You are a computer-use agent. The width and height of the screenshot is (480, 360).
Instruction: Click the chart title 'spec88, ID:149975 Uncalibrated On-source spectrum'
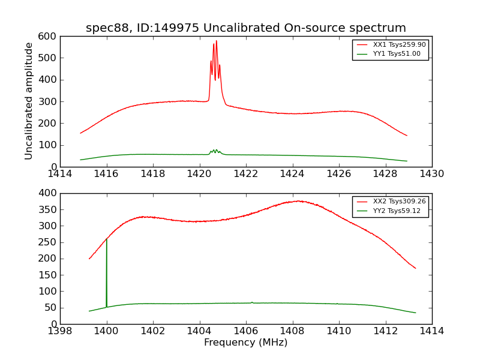pos(246,28)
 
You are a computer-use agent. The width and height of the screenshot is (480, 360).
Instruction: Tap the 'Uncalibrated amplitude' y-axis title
pos(29,101)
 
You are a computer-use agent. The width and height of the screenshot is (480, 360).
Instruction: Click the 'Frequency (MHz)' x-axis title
pos(246,343)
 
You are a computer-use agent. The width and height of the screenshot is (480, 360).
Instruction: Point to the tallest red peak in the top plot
pos(216,41)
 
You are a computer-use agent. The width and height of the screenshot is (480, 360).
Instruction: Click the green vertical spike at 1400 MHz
pos(107,270)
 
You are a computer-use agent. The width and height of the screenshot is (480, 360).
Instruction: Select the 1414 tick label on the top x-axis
pos(60,174)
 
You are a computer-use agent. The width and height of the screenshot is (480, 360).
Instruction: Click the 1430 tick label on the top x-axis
pos(432,174)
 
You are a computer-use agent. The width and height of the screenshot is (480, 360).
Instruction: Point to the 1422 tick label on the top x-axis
pos(246,174)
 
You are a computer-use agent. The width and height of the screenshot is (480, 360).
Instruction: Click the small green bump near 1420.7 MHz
pos(215,150)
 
